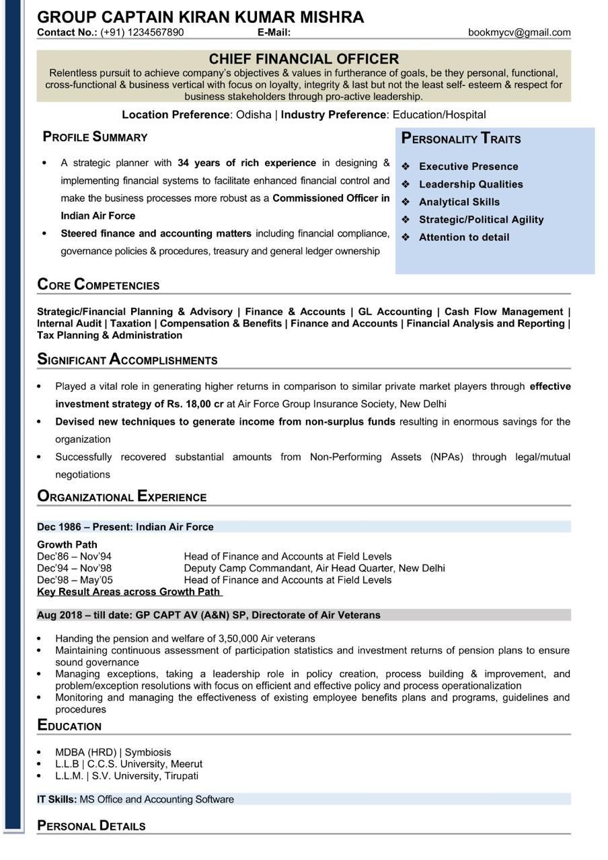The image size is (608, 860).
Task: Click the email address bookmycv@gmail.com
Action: coord(519,32)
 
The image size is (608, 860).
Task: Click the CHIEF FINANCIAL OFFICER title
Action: coord(303,59)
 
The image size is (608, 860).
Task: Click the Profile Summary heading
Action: coord(95,137)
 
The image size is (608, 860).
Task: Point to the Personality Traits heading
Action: coord(461,139)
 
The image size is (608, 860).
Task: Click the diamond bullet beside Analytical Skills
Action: coord(406,202)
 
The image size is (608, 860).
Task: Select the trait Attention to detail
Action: coord(463,237)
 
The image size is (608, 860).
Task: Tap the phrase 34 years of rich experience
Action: coord(246,163)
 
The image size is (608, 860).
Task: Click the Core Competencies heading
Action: coord(98,285)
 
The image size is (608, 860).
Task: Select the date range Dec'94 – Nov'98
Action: coord(74,568)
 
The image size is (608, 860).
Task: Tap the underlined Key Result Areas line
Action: coord(128,592)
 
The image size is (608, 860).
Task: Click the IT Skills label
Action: coord(56,800)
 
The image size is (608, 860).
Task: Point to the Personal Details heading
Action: coord(91,826)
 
